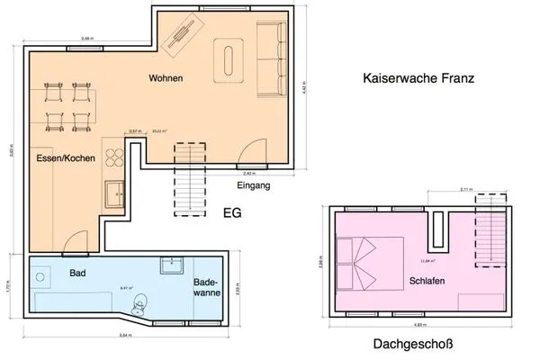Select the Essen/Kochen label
tap(61, 158)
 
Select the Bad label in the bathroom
tap(78, 273)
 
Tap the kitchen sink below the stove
tap(114, 193)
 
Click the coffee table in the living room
tap(228, 61)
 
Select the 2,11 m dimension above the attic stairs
tap(466, 190)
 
